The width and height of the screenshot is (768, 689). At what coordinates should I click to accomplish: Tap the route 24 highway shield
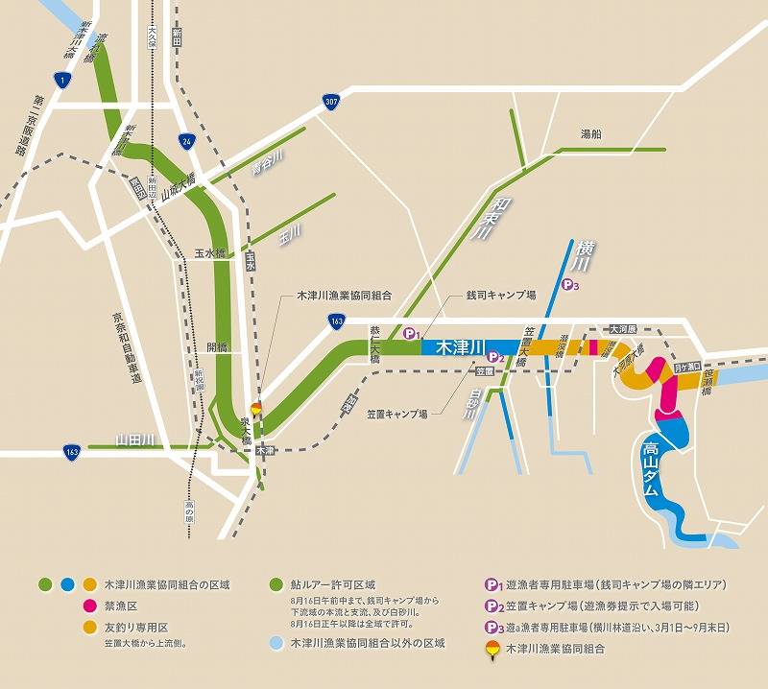pyautogui.click(x=186, y=140)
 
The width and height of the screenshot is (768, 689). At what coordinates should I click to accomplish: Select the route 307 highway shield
pyautogui.click(x=330, y=100)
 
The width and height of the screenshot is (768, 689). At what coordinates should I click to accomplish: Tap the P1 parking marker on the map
pyautogui.click(x=411, y=334)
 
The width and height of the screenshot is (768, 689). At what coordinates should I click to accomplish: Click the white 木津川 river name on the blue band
pyautogui.click(x=460, y=345)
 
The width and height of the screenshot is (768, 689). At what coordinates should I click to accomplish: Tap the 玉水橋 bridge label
pyautogui.click(x=208, y=253)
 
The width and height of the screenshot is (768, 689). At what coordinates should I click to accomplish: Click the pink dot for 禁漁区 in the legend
pyautogui.click(x=87, y=606)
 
